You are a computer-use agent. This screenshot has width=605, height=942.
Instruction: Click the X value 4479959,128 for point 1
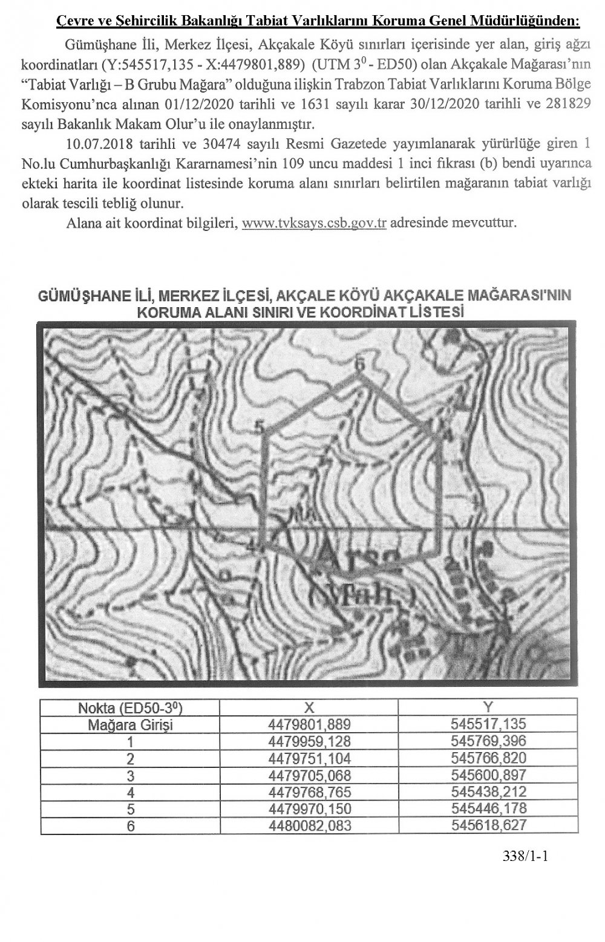click(x=309, y=741)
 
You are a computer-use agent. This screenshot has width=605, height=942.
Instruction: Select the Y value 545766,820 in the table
click(x=489, y=758)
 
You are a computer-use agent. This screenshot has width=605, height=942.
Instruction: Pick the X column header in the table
click(x=309, y=707)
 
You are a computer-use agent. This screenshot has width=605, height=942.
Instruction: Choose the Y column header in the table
click(x=489, y=707)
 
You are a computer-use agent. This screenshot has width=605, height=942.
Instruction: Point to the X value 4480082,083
click(x=309, y=825)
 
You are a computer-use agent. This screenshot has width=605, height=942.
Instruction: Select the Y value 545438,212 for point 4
click(x=489, y=791)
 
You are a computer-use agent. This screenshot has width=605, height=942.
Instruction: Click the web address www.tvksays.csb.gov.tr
click(x=314, y=222)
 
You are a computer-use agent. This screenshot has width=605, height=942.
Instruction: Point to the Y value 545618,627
click(x=489, y=825)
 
